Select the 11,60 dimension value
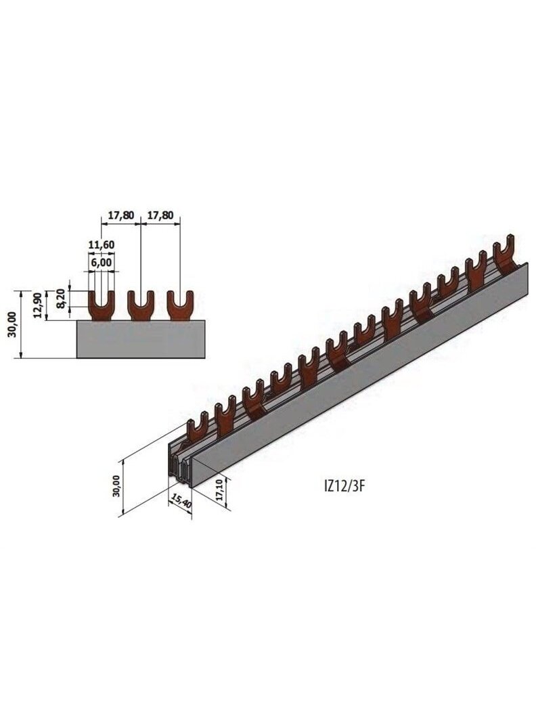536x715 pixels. tap(102, 244)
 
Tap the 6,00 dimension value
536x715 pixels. tap(102, 263)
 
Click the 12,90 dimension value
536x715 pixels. tap(39, 305)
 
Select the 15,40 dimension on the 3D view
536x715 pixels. tap(181, 500)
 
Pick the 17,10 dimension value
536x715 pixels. tap(221, 491)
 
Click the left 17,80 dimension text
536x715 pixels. tap(121, 215)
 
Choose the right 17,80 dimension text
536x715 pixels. tap(160, 215)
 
